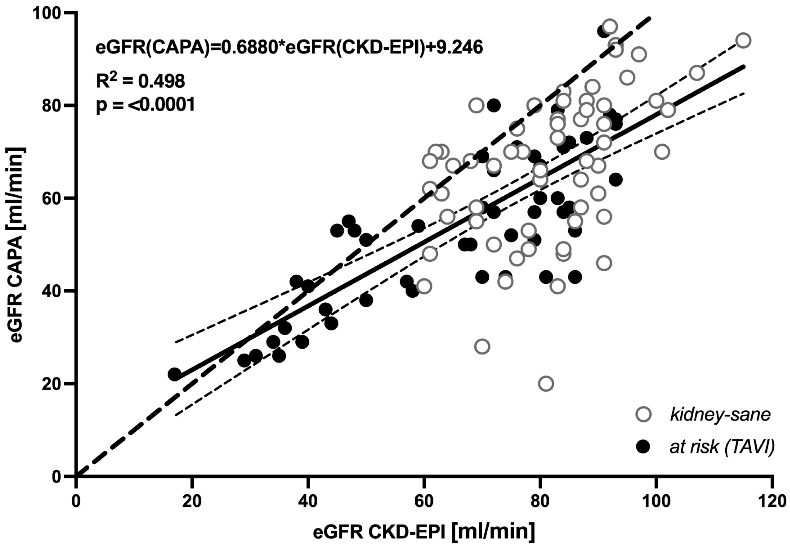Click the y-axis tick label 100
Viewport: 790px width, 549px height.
tap(49, 13)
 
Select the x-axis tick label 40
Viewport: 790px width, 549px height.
tap(308, 501)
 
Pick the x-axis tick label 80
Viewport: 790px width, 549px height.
tap(540, 501)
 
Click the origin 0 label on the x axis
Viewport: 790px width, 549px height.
tap(76, 501)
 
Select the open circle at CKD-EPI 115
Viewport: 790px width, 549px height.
tap(743, 40)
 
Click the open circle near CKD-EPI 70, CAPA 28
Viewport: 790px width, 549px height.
tap(482, 346)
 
